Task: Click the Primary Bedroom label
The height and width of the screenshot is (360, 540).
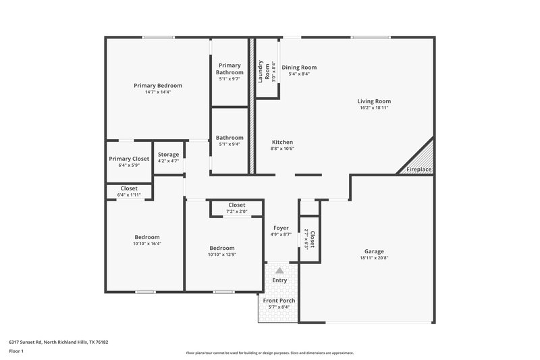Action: point(157,86)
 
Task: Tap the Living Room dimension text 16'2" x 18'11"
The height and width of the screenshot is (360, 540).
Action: point(375,107)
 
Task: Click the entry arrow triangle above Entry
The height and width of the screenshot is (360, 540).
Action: point(279,269)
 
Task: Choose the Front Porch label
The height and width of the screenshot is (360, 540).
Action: point(279,301)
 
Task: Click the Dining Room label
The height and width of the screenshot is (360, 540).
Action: point(299,68)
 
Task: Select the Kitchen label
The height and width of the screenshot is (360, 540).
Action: point(281,143)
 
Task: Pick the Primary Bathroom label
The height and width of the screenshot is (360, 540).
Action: point(230,69)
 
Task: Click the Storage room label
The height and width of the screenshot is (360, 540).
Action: point(168,155)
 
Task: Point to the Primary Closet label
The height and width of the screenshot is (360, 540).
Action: point(129,159)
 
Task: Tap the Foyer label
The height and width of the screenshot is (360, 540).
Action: point(281,228)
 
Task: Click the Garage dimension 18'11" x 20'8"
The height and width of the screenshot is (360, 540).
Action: point(375,257)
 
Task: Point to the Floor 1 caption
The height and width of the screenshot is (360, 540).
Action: point(16,352)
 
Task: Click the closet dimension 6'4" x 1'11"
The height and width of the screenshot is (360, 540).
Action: point(129,195)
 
